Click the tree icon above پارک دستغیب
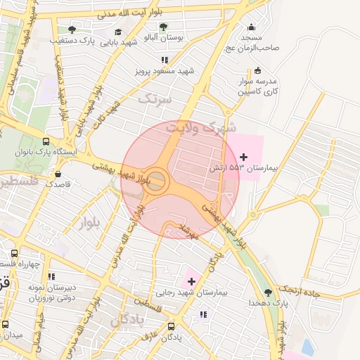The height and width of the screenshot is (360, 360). point(72,30)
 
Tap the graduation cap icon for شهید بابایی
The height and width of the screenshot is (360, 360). point(118,32)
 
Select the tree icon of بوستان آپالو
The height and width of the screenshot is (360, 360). point(163,27)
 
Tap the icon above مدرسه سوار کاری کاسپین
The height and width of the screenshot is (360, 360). point(257,70)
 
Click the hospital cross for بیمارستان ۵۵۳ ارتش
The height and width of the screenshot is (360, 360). point(243,156)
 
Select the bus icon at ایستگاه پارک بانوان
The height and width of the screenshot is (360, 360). point(46,140)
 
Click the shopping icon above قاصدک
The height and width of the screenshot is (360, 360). point(58,174)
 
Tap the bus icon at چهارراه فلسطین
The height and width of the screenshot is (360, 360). point(14,252)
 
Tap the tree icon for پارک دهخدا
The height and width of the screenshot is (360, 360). point(267,292)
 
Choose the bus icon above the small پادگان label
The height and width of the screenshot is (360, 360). point(172,326)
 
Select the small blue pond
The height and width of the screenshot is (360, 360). point(307,347)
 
